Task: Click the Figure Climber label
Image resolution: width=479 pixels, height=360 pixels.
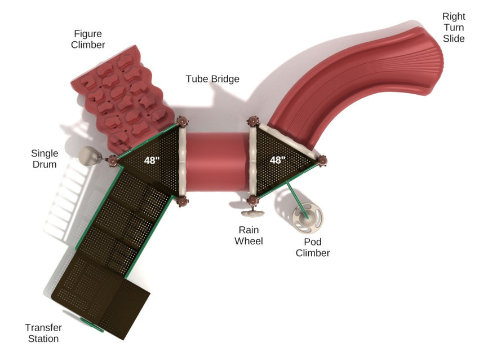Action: [88, 39]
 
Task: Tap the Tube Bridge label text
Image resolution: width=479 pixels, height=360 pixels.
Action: [212, 79]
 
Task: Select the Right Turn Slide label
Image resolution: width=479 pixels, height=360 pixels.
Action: [454, 28]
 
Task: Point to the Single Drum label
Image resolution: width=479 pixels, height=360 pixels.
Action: [45, 159]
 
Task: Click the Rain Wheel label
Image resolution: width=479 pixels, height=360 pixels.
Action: [249, 235]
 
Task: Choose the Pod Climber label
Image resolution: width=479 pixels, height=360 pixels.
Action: [313, 248]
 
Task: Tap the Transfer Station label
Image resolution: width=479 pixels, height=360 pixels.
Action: [43, 333]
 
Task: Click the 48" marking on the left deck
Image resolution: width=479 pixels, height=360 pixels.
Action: [152, 160]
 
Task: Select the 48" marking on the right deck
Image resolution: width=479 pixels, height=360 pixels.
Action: [278, 160]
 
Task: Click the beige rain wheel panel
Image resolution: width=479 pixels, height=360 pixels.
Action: [252, 213]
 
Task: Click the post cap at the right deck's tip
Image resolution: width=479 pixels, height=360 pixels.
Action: [322, 161]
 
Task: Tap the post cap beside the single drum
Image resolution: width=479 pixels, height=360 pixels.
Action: [113, 160]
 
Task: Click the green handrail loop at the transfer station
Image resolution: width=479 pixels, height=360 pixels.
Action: [92, 325]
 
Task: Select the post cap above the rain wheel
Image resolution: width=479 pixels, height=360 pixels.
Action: [253, 201]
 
